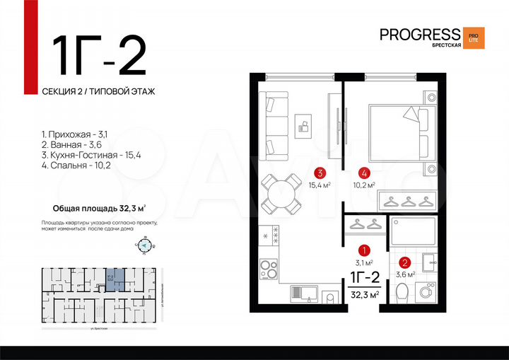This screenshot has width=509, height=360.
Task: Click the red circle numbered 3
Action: (x=320, y=172)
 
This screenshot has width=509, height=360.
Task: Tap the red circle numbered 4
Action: (x=363, y=172)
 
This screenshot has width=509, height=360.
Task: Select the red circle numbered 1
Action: (x=363, y=250)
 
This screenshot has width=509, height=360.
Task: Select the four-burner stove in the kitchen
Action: (x=269, y=269)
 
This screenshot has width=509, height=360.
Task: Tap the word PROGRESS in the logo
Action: (x=419, y=34)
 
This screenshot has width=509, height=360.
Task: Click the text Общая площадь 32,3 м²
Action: (x=99, y=209)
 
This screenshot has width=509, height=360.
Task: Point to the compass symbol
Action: (x=144, y=246)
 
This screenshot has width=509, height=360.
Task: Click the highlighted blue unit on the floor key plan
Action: (x=112, y=279)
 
